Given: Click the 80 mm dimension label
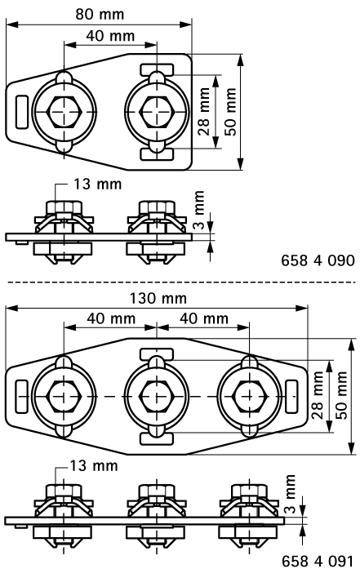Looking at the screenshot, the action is (100, 15).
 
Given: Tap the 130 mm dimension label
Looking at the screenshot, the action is (158, 298).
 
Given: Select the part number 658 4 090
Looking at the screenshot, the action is (318, 260).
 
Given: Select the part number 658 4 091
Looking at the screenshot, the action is (318, 562).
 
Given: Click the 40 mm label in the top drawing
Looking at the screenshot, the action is (110, 36).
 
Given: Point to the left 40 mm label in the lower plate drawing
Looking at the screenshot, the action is (111, 318).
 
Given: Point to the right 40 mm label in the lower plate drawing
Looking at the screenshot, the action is (204, 318).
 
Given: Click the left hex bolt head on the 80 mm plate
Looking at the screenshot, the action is (64, 112).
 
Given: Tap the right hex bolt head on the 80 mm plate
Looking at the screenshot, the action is (157, 112).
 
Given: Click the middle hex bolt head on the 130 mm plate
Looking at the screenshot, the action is (157, 396).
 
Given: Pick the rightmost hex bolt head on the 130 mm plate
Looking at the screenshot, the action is (250, 396).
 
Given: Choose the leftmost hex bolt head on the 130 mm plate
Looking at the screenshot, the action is (64, 396).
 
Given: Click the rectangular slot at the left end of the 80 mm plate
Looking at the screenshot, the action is (22, 112).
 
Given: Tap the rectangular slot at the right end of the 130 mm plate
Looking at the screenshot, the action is (291, 396).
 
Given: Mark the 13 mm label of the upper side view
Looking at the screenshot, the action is (98, 185).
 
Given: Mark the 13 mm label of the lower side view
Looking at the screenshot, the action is (94, 466).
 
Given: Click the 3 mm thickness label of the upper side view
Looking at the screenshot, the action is (198, 210).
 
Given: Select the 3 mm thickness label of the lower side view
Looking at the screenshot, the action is (291, 494).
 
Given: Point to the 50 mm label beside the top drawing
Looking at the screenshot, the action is (230, 112).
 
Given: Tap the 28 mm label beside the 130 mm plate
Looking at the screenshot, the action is (318, 395).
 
